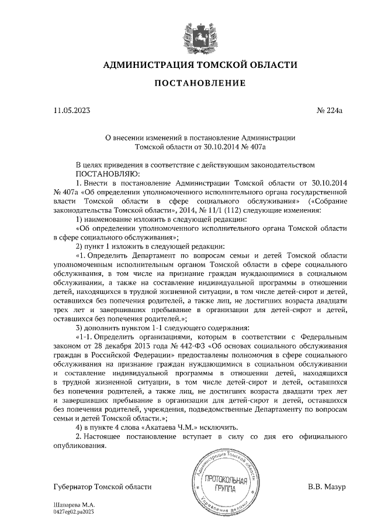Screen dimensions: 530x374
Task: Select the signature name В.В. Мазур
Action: pyautogui.click(x=327, y=487)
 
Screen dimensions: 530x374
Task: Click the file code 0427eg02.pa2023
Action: pyautogui.click(x=73, y=511)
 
